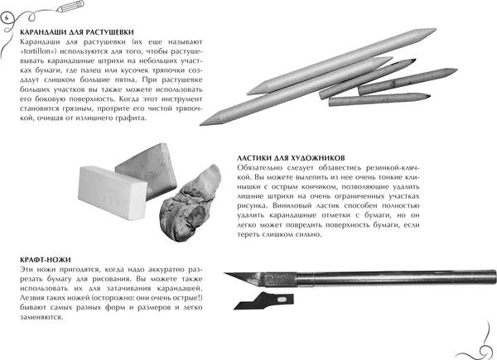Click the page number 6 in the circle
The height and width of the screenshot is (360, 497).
(7, 19)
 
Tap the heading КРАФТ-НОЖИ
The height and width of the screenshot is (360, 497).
(47, 259)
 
